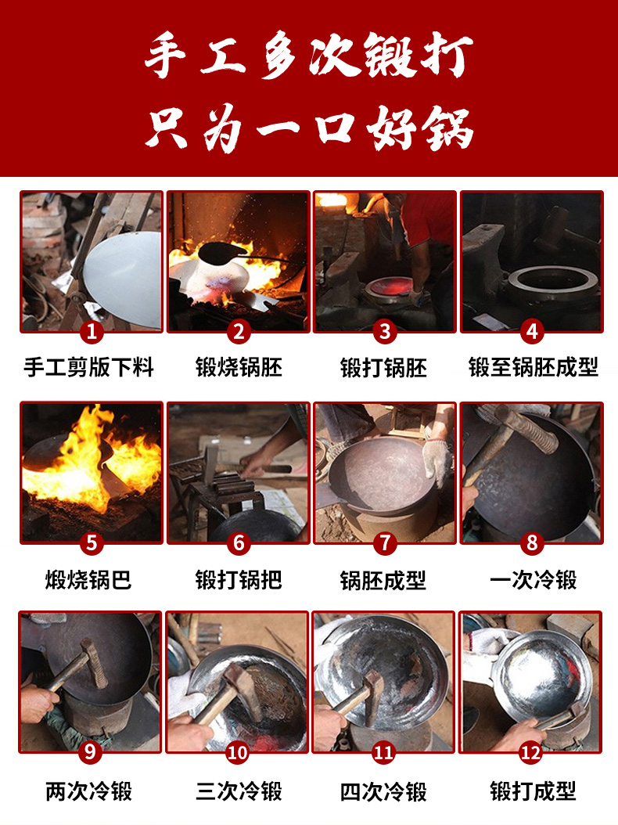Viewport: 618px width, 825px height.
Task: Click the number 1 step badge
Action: pyautogui.click(x=92, y=332)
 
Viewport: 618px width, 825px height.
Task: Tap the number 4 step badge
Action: pyautogui.click(x=532, y=332)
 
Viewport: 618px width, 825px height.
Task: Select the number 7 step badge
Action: pyautogui.click(x=384, y=542)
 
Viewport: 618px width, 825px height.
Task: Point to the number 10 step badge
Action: pyautogui.click(x=237, y=752)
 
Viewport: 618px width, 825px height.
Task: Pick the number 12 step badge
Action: pyautogui.click(x=530, y=752)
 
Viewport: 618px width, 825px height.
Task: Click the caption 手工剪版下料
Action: pyautogui.click(x=88, y=367)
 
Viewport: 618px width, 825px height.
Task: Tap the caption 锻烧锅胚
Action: pyautogui.click(x=239, y=367)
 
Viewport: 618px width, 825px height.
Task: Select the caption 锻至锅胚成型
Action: pyautogui.click(x=534, y=367)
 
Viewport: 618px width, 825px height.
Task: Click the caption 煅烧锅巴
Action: pyautogui.click(x=88, y=580)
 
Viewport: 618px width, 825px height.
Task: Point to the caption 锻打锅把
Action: pyautogui.click(x=239, y=580)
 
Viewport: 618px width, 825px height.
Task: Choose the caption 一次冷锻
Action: pyautogui.click(x=534, y=580)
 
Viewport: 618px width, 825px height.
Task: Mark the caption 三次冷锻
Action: pyautogui.click(x=239, y=791)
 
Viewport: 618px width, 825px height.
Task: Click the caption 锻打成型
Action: pyautogui.click(x=534, y=791)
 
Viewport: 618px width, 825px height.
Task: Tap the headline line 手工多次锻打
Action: pyautogui.click(x=309, y=55)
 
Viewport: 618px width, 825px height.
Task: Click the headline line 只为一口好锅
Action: pyautogui.click(x=309, y=128)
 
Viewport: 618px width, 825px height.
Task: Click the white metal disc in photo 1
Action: pyautogui.click(x=124, y=279)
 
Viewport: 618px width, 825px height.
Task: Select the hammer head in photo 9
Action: pyautogui.click(x=94, y=663)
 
